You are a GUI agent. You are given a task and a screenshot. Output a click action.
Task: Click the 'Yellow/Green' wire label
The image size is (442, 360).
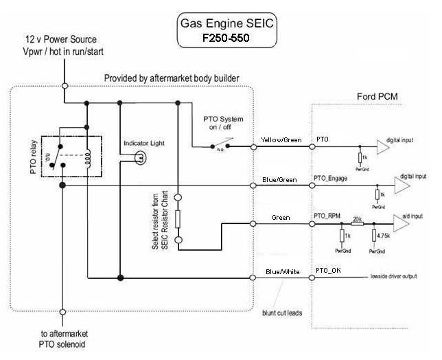pos(281,140)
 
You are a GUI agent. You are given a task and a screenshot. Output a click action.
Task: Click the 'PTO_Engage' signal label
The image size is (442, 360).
pos(331,179)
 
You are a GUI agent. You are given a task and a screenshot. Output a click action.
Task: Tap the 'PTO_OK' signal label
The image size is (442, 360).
pos(327,271)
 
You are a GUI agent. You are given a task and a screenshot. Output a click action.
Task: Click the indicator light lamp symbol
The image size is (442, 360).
pos(139,158)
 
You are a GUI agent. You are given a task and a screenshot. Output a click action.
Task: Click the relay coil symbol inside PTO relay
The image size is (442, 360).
pos(86,159)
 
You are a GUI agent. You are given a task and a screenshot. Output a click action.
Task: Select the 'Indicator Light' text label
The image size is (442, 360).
pos(143,143)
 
